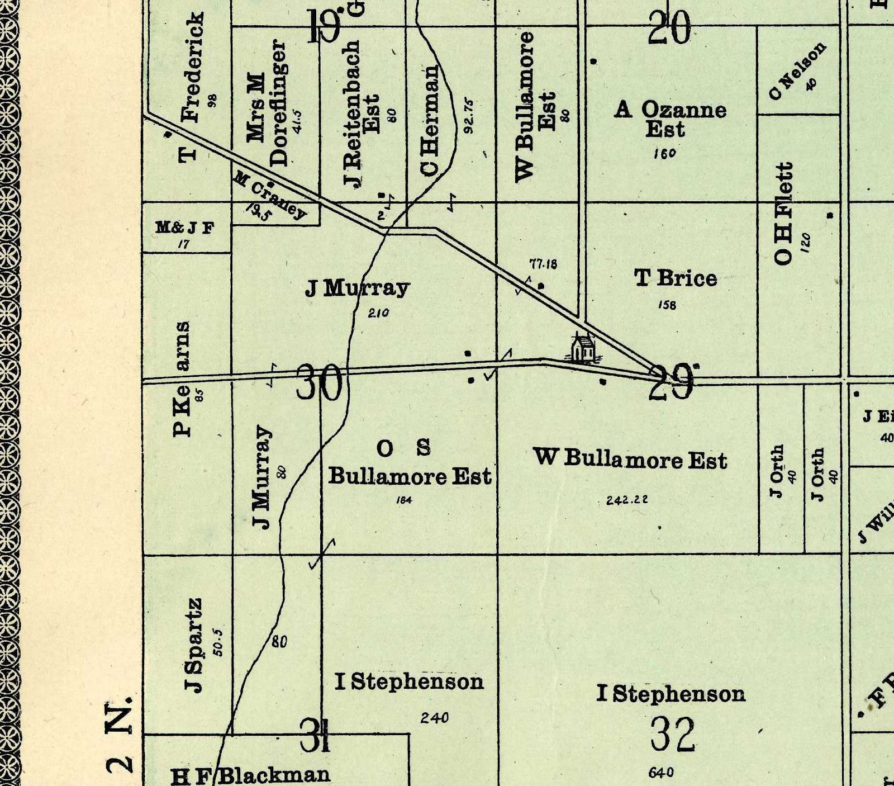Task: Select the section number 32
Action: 673,735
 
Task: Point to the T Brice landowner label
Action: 676,278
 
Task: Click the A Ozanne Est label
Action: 670,119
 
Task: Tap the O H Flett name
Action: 784,214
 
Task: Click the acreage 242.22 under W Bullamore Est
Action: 627,500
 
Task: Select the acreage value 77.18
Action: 543,264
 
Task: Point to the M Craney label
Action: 270,196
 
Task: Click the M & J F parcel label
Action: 184,228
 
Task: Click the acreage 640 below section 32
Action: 661,773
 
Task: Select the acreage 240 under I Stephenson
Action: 434,718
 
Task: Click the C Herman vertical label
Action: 431,120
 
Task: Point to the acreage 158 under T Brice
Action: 667,305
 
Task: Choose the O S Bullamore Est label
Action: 410,463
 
